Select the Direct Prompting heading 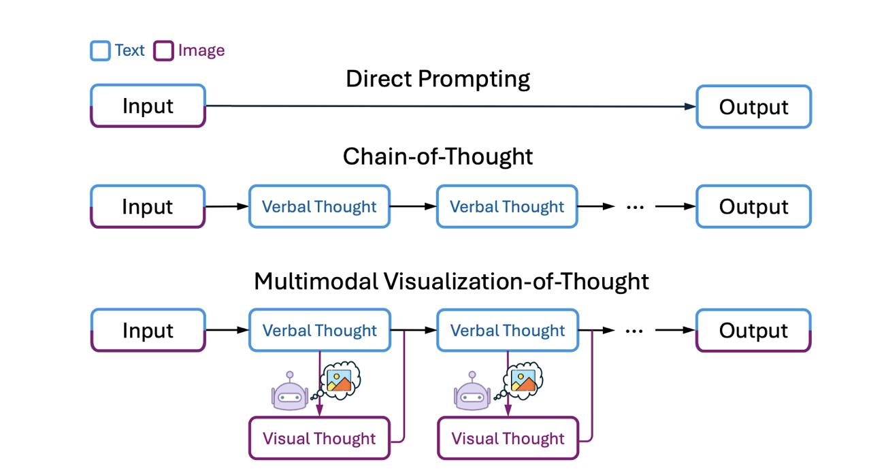pyautogui.click(x=438, y=80)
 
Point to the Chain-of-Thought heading pyautogui.click(x=438, y=157)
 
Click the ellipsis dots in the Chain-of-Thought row pyautogui.click(x=635, y=208)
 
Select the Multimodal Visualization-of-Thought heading pyautogui.click(x=451, y=281)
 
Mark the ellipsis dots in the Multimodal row pyautogui.click(x=634, y=331)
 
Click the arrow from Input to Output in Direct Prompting pyautogui.click(x=450, y=105)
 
